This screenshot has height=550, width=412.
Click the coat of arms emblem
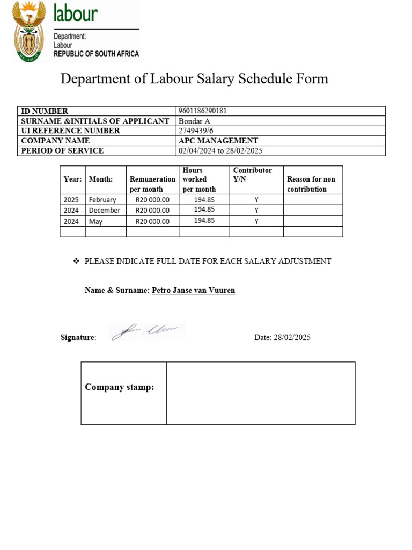tap(30, 31)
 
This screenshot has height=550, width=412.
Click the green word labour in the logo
tap(76, 13)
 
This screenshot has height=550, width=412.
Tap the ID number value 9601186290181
tap(202, 111)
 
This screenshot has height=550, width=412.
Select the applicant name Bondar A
tap(194, 121)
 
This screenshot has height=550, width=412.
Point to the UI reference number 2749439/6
tap(197, 131)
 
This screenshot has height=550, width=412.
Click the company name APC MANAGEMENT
tap(218, 141)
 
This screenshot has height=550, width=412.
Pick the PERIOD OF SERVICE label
tap(62, 151)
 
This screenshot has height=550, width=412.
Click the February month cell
tap(102, 200)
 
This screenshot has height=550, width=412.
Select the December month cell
tap(105, 210)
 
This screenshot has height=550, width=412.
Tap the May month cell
tap(95, 221)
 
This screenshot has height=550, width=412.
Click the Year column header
tap(72, 179)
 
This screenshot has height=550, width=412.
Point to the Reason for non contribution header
tap(311, 184)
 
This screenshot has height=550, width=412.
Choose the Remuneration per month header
tap(152, 184)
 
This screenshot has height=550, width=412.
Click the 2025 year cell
tap(71, 200)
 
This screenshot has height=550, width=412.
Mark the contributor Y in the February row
tap(256, 200)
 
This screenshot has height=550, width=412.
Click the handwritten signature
tap(146, 332)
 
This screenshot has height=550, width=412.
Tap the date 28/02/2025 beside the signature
tap(292, 338)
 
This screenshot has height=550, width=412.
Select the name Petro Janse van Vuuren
tap(193, 291)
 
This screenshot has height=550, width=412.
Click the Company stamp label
tap(119, 387)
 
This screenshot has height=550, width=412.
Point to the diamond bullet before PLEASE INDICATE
tap(76, 261)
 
